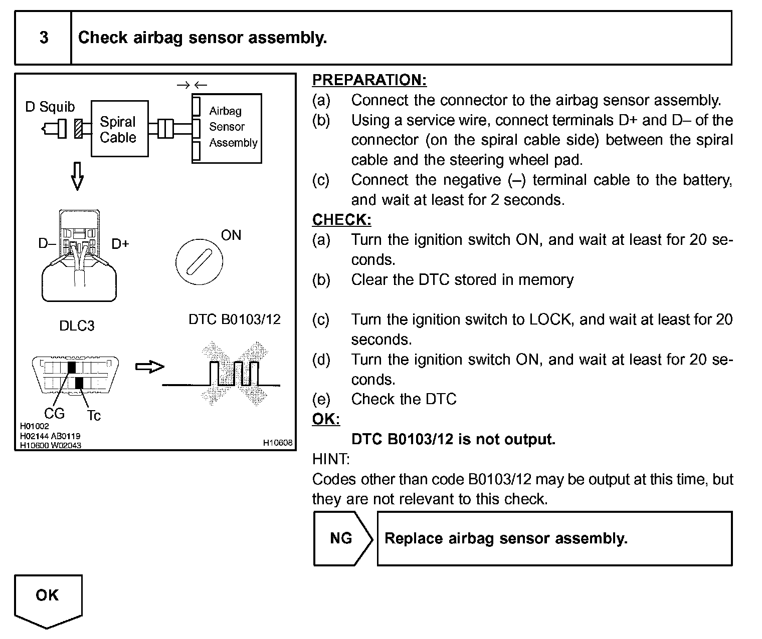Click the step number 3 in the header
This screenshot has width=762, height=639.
click(x=44, y=38)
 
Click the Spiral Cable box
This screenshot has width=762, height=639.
click(x=119, y=129)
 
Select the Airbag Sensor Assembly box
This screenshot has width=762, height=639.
click(x=227, y=128)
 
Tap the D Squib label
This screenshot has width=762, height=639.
click(x=50, y=107)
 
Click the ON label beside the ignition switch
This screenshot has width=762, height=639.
click(x=231, y=235)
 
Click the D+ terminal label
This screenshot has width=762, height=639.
click(x=120, y=244)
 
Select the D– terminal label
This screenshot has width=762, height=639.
click(x=47, y=244)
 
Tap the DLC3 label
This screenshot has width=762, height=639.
click(x=77, y=326)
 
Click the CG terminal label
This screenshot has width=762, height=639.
click(x=54, y=413)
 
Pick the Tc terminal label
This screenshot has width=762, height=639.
click(x=94, y=416)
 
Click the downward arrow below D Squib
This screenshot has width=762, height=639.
click(x=77, y=176)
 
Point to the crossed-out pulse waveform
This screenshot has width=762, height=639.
click(x=234, y=374)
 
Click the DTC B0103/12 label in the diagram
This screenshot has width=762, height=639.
click(x=234, y=319)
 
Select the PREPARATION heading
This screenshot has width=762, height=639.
click(x=369, y=80)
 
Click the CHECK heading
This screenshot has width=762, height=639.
click(x=341, y=220)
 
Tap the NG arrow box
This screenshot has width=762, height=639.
click(x=342, y=538)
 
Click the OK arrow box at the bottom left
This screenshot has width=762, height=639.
click(x=48, y=598)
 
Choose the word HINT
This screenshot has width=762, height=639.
click(x=331, y=459)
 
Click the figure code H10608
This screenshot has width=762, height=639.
click(x=277, y=443)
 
